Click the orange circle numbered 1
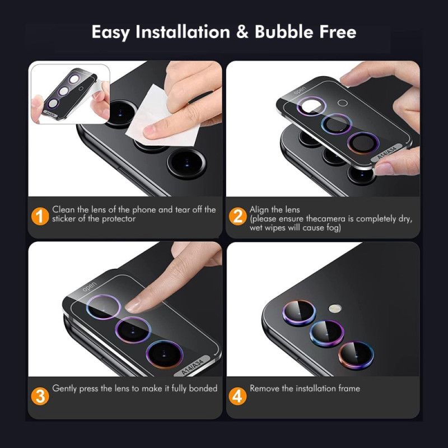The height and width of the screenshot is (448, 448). [39, 215]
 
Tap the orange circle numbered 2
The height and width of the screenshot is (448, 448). [238, 215]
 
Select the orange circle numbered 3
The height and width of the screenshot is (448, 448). [39, 396]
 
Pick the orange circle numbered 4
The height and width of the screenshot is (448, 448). [238, 396]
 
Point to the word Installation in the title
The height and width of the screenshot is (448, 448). [182, 32]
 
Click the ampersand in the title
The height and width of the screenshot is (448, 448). [242, 32]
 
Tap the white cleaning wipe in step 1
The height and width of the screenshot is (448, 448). [147, 125]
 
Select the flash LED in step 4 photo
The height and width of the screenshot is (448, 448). [335, 307]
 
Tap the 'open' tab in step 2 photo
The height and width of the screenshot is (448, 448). [300, 90]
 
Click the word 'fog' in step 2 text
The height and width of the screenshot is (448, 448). [334, 228]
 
